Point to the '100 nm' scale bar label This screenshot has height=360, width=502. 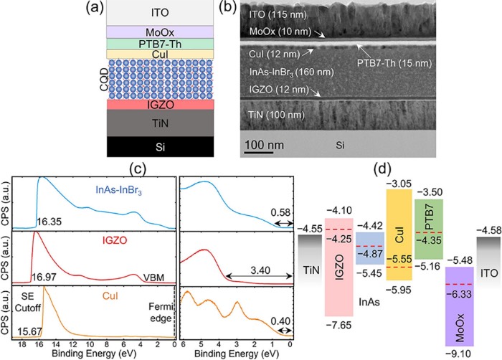tap(262, 146)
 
